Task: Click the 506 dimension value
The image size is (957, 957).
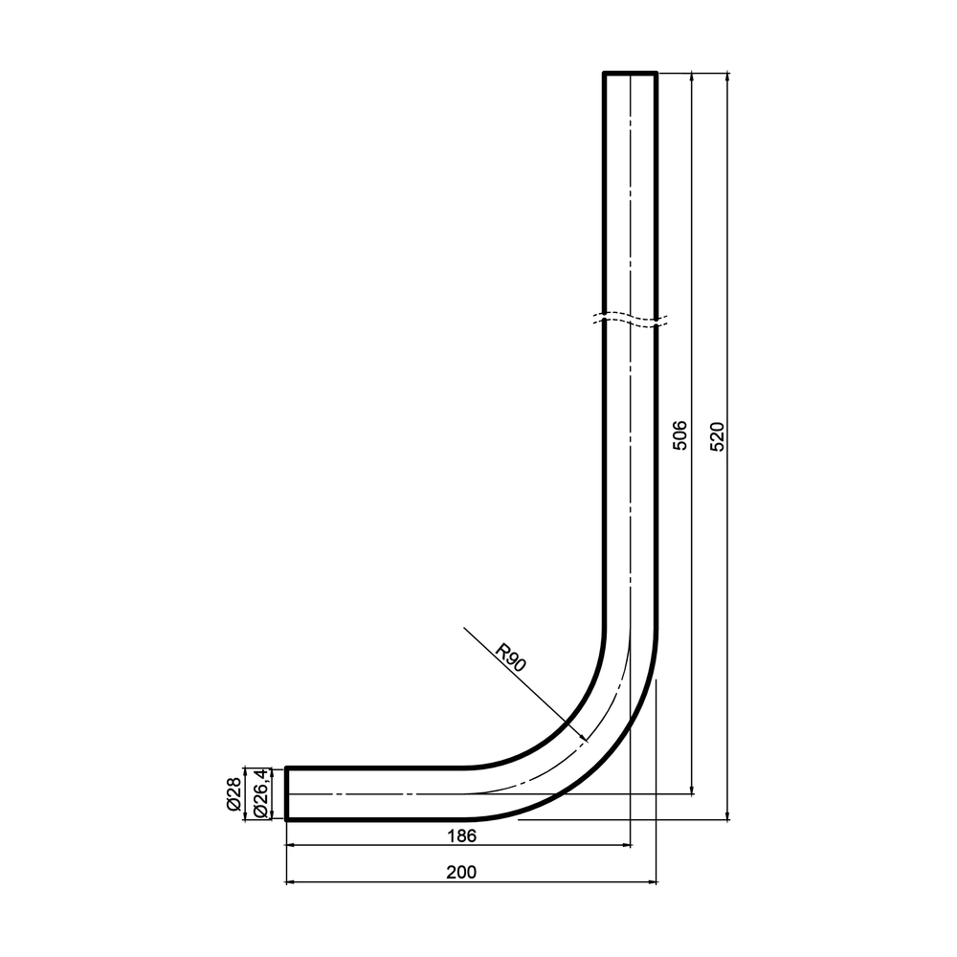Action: (x=679, y=435)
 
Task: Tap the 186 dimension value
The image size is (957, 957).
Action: (x=461, y=835)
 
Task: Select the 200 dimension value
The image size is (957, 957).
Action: (x=461, y=872)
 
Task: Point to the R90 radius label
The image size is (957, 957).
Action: (x=510, y=657)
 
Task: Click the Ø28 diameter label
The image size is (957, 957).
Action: (x=234, y=794)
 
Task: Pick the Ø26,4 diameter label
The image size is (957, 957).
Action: (x=259, y=792)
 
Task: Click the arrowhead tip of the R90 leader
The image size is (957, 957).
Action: (x=588, y=741)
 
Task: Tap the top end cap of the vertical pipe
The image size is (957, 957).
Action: (x=630, y=73)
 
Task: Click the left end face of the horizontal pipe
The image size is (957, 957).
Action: (x=286, y=793)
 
